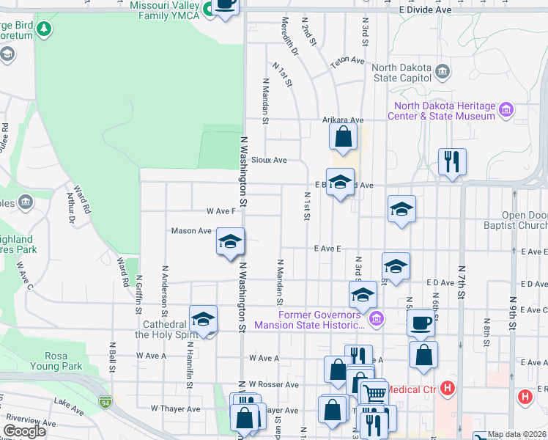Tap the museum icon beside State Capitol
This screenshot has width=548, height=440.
[442, 71]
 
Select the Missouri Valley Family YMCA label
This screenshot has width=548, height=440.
[160, 10]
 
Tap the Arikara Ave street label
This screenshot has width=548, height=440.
[343, 120]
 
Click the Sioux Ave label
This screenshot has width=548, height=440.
[268, 159]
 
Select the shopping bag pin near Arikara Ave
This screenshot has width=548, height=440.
[343, 136]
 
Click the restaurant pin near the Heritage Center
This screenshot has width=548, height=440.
[452, 161]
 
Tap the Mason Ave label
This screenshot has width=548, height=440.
[191, 230]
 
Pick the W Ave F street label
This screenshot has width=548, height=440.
[221, 210]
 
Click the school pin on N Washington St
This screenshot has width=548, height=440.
[230, 241]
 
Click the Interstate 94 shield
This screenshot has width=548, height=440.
[107, 402]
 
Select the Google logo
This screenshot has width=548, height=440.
[25, 431]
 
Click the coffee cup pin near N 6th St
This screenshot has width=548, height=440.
[421, 323]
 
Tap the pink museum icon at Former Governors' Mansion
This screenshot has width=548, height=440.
[376, 318]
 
